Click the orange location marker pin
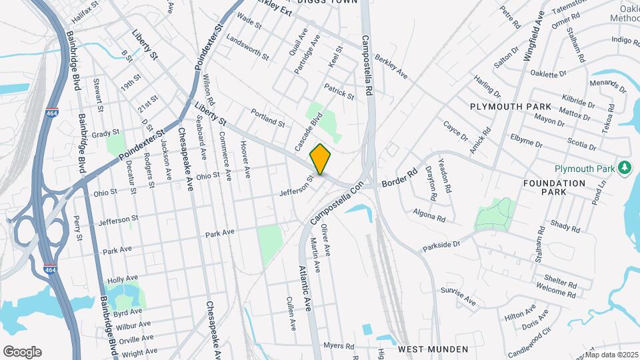(x=321, y=159)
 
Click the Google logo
(x=22, y=351)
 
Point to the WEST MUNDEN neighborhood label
(x=433, y=349)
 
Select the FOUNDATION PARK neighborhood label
(x=554, y=187)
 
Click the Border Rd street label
(x=399, y=179)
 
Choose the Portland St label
(x=268, y=118)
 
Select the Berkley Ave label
(x=391, y=66)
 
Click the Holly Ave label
(x=122, y=279)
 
